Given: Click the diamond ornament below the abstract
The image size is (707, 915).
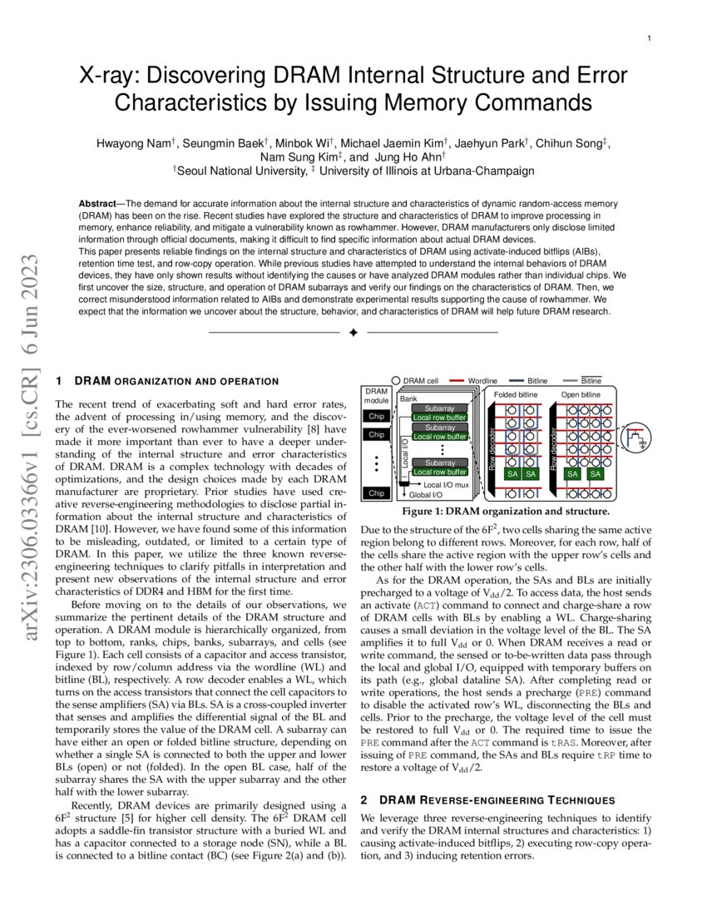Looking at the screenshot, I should point(353,333).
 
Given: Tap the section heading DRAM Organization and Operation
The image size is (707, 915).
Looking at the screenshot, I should point(176,381).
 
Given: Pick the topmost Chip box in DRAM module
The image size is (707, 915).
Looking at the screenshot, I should point(377,417).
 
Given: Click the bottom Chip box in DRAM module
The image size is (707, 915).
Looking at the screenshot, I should point(377,493).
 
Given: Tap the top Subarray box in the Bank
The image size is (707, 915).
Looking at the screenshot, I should point(439,408).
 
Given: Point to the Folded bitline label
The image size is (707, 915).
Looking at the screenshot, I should point(515,394).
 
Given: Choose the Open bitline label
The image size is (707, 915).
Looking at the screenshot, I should point(581,394).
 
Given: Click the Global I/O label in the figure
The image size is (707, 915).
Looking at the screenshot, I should point(426,495).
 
